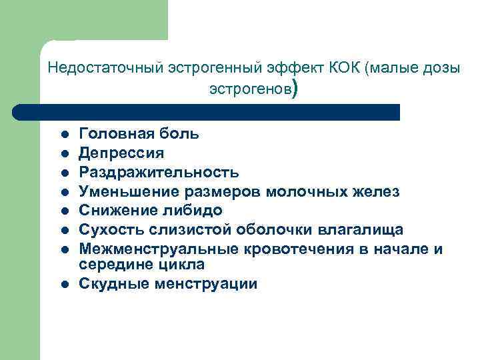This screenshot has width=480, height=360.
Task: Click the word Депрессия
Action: point(121,153)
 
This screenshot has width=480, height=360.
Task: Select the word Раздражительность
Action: point(159,173)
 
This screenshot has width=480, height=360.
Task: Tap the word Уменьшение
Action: point(125,192)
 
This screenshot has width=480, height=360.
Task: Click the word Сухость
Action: point(107,230)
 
